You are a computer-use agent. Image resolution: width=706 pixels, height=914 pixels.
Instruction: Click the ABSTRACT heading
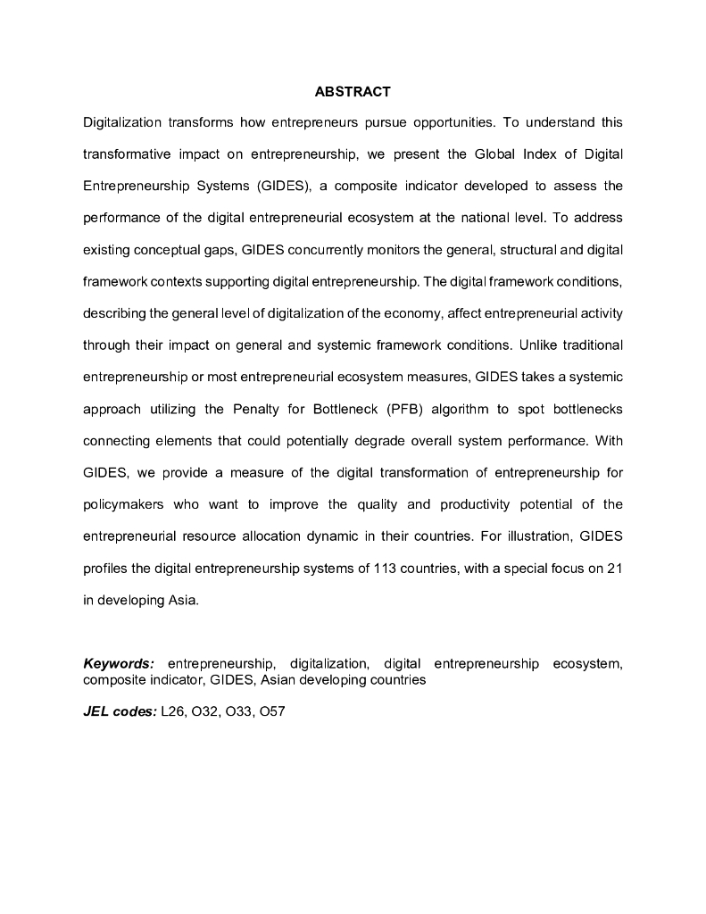pos(353,92)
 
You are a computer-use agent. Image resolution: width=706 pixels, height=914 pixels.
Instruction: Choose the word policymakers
pos(124,504)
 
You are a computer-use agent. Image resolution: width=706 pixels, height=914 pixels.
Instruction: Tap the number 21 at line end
pos(613,569)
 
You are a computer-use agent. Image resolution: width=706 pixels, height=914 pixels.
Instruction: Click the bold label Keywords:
pos(119,664)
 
